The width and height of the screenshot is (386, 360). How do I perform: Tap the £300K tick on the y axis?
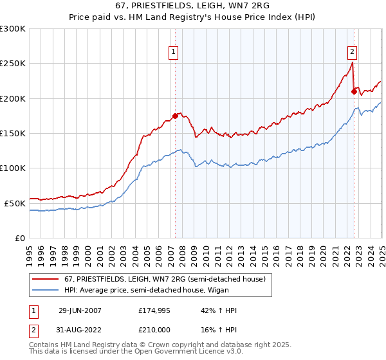pyautogui.click(x=13, y=29)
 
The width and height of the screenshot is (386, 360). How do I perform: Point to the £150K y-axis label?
pyautogui.click(x=13, y=133)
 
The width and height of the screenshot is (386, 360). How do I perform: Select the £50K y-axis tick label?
pyautogui.click(x=15, y=203)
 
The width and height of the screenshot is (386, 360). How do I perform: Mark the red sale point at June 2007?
pyautogui.click(x=175, y=116)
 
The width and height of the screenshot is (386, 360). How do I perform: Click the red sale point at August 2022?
pyautogui.click(x=354, y=92)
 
